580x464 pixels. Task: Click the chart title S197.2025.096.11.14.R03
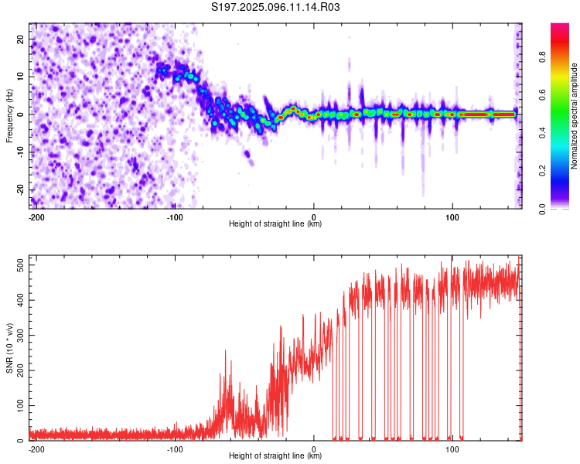[x=275, y=7]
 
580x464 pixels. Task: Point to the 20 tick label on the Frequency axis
[x=21, y=39]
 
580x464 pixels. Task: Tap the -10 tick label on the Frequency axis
[x=21, y=152]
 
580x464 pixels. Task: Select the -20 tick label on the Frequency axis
[x=21, y=189]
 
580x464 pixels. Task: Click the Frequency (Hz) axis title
[x=9, y=115]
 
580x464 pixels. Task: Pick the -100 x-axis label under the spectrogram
[x=175, y=217]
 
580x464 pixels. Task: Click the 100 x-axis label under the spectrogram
[x=452, y=217]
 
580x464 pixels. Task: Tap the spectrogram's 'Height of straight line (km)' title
[x=275, y=223]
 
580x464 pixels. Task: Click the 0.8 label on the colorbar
[x=542, y=57]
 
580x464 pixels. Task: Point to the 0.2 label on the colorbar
[x=542, y=171]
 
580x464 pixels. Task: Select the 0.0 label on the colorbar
[x=542, y=209]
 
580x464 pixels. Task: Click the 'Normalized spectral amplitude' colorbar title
[x=574, y=115]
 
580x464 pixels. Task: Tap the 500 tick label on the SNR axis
[x=21, y=265]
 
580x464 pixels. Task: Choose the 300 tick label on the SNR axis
[x=21, y=335]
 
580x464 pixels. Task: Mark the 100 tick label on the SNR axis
[x=21, y=405]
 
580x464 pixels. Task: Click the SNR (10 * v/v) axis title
[x=9, y=348]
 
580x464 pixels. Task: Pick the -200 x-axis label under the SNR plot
[x=36, y=449]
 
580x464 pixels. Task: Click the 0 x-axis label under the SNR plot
[x=314, y=449]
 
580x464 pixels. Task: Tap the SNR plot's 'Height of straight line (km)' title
[x=275, y=455]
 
